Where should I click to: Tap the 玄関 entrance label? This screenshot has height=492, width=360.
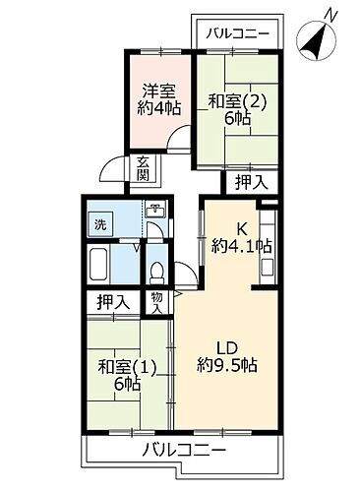pyautogui.click(x=144, y=169)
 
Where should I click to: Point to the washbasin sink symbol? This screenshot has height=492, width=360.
pyautogui.click(x=154, y=211)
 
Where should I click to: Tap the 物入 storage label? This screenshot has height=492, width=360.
pyautogui.click(x=157, y=302)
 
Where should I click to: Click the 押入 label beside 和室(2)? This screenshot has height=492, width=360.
pyautogui.click(x=248, y=181)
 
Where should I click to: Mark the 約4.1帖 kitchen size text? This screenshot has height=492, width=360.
pyautogui.click(x=242, y=246)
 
